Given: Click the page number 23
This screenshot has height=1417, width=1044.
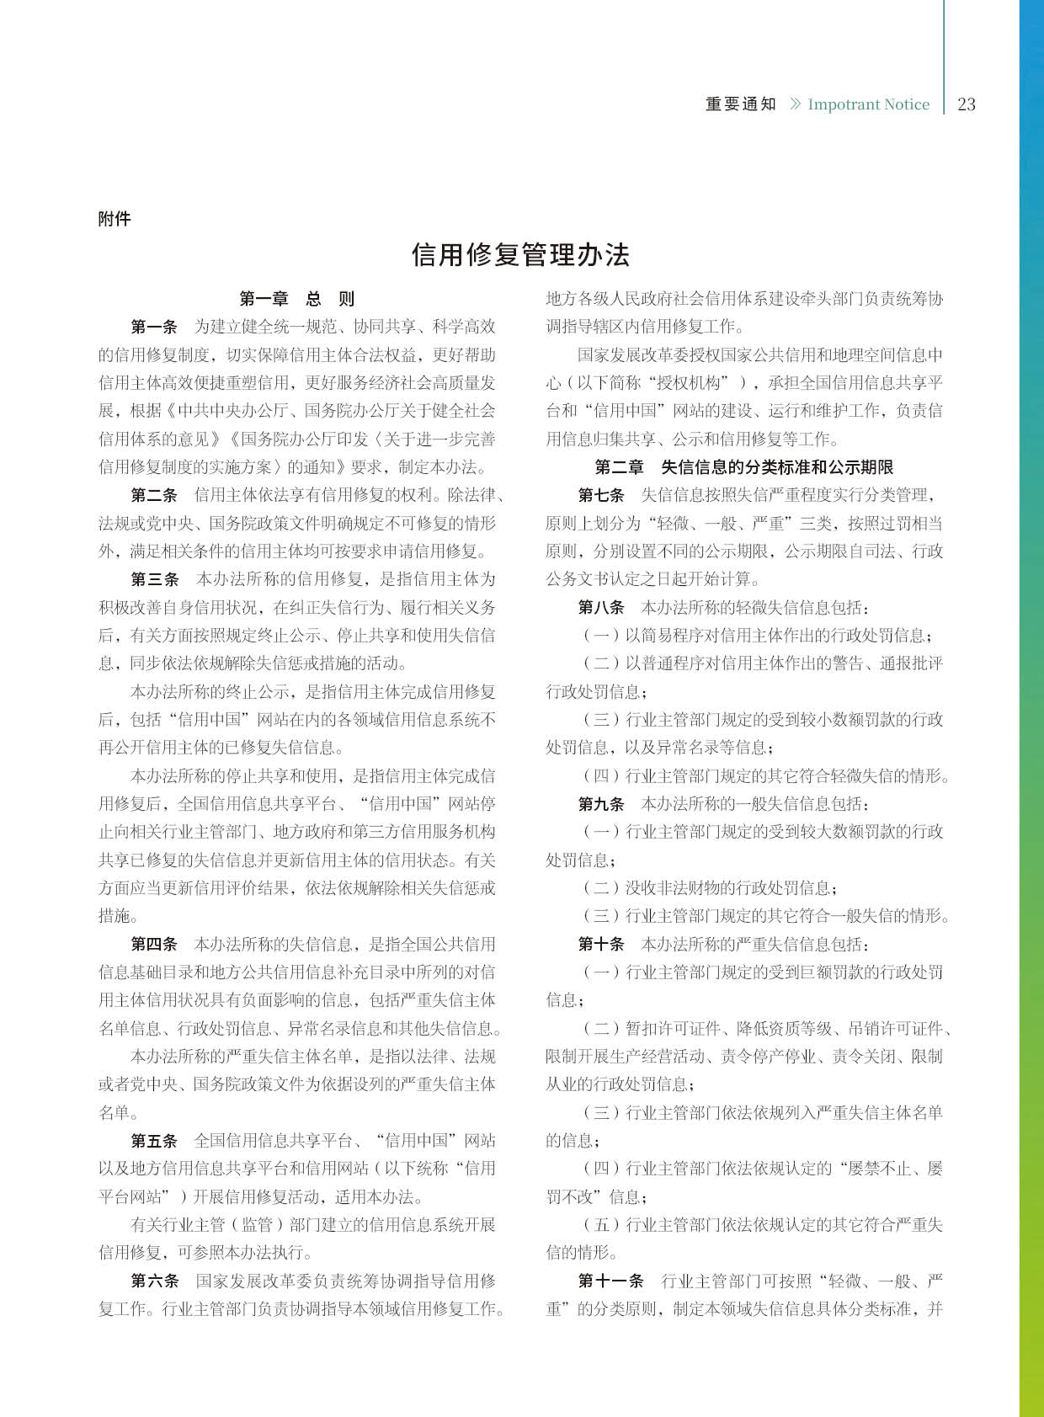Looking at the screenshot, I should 967,104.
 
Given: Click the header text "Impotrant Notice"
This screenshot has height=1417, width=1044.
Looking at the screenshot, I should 868,104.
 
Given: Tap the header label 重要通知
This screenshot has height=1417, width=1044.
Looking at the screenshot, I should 740,104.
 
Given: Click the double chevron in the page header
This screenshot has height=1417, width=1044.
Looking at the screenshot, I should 795,104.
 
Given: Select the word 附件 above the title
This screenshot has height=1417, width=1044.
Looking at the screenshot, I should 115,219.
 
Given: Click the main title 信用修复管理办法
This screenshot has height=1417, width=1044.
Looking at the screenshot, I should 520,254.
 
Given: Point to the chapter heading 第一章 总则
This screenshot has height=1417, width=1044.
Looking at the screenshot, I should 296,299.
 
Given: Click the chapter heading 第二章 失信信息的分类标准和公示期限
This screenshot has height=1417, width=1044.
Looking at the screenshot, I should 743,467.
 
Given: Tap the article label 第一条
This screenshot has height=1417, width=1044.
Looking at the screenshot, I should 154,327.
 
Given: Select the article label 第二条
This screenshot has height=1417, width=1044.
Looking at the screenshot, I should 154,495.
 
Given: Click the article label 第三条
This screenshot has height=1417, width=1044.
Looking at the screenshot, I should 155,579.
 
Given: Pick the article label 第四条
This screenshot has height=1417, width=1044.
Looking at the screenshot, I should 154,944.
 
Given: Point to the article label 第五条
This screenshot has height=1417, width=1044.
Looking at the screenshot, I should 154,1141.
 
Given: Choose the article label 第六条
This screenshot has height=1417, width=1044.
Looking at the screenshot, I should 155,1281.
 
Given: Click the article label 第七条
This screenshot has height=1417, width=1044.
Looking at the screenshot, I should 601,495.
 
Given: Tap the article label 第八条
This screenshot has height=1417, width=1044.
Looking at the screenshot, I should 601,607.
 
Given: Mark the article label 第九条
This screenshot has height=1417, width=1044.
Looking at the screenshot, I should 601,804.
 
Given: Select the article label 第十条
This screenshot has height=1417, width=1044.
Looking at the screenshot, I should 601,944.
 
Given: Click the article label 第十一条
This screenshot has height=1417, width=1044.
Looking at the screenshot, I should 610,1281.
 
